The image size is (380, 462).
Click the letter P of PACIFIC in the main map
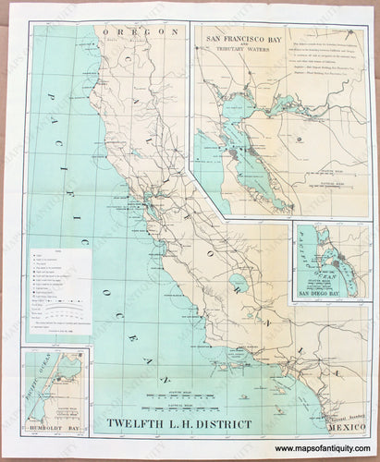pyautogui.click(x=51, y=83)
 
